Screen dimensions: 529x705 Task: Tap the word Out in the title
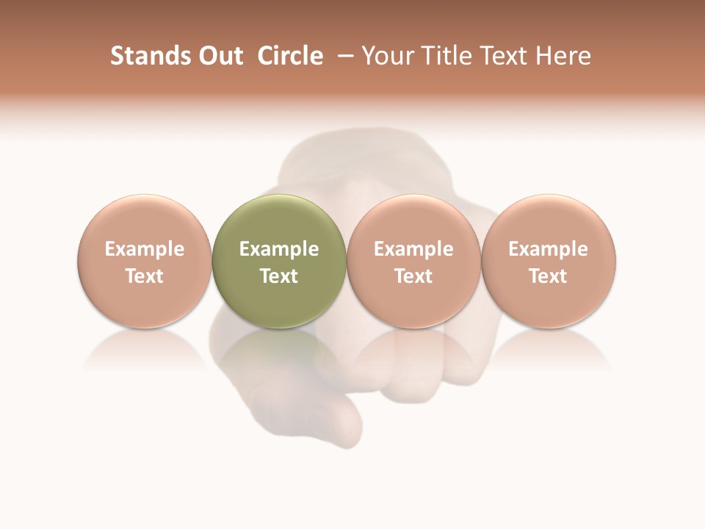coord(218,56)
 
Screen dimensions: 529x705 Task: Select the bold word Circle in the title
coord(290,56)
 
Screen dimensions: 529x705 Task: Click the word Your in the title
coord(387,57)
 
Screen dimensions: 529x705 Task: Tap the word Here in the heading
coord(564,56)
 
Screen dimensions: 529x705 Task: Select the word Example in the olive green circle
coord(279,249)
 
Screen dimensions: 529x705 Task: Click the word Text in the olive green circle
coord(279,276)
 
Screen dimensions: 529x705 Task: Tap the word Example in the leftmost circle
coord(145,249)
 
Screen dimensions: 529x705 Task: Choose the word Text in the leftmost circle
coord(145,276)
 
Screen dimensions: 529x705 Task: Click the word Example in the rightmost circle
coord(549,249)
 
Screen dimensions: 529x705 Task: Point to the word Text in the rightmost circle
coord(549,276)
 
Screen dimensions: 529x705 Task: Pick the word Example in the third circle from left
coord(413,249)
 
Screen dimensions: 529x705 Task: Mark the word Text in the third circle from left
coord(413,276)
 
